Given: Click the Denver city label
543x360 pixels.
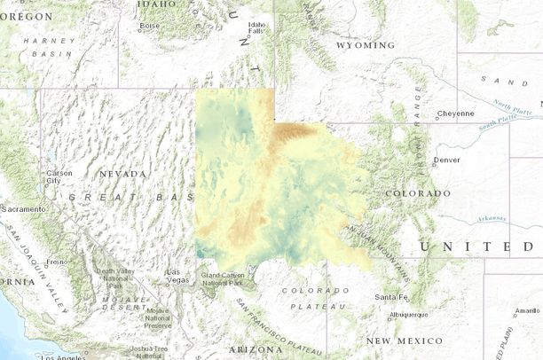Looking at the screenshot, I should coord(447,160).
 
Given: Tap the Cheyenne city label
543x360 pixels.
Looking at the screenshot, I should coord(455,113).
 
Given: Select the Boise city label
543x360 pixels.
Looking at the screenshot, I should coord(150,25).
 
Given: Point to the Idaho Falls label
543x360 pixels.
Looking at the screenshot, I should coord(257,27).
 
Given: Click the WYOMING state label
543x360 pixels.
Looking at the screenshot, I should coord(366,45).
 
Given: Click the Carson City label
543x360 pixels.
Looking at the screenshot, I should coord(59,176).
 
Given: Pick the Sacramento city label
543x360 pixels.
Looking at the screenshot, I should coord(23,208).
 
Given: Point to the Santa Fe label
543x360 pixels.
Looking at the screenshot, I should coord(391,296).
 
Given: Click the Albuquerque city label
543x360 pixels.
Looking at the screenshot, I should coord(408,314).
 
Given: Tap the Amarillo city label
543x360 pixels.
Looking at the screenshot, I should coord(527,310).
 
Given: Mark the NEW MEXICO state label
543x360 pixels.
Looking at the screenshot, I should coord(404,340).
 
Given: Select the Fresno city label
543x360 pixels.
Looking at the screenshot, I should coord(57,262).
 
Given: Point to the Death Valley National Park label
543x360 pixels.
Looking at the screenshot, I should coord(114,278).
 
